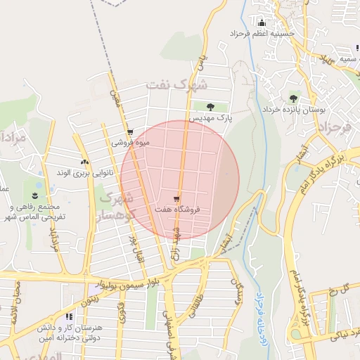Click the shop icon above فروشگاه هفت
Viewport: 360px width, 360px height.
[176, 199]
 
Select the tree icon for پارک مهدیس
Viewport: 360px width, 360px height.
[211, 107]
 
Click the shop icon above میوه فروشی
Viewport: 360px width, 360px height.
[130, 132]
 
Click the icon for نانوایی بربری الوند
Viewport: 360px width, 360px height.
[85, 162]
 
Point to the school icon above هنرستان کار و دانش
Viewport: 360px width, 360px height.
[68, 317]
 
